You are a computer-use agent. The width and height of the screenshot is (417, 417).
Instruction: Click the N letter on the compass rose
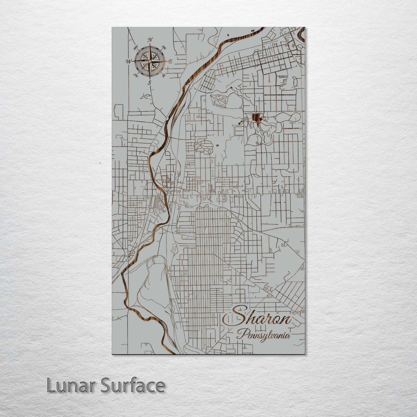150,40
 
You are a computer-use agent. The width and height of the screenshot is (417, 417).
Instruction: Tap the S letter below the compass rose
149,83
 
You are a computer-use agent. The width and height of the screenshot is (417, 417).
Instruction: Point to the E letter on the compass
170,61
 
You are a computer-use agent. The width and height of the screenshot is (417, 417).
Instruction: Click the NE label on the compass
164,47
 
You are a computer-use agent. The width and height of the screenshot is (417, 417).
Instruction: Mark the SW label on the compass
136,75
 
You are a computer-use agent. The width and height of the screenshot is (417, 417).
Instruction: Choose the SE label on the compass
164,76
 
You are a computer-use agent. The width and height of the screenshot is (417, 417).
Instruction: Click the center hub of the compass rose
149,61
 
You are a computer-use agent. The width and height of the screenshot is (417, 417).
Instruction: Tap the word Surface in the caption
132,385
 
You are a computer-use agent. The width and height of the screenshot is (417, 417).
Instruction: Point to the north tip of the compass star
150,44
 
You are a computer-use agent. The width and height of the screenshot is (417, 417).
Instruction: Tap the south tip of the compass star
149,78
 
